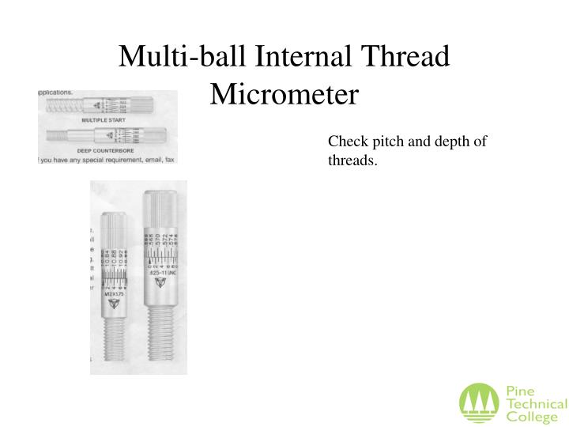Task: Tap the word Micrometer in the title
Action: coord(284,95)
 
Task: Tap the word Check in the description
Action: coord(345,142)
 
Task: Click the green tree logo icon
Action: coord(479,402)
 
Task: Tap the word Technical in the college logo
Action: coord(536,404)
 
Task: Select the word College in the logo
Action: coord(528,417)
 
